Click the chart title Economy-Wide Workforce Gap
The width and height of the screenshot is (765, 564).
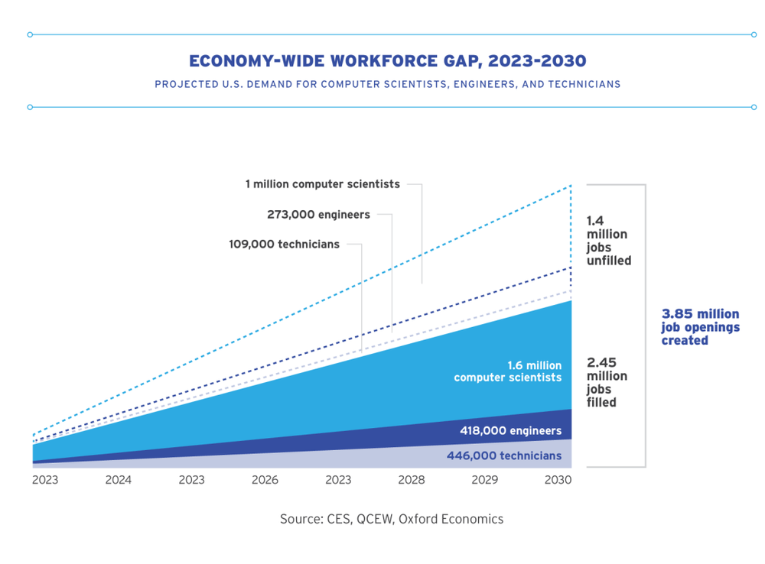(x=388, y=60)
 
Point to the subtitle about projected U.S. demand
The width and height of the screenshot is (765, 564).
(x=387, y=84)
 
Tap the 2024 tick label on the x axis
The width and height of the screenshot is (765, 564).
(x=118, y=480)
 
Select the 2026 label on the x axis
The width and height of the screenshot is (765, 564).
(x=265, y=480)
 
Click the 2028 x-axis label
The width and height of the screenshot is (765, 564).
(x=412, y=480)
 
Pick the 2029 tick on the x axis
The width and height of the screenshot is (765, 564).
(x=485, y=480)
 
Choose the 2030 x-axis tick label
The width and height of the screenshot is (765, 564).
(x=558, y=480)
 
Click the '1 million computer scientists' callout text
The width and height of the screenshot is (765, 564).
(x=322, y=184)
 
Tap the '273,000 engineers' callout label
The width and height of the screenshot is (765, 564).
(x=318, y=215)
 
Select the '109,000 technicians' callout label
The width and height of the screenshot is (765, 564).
(x=284, y=245)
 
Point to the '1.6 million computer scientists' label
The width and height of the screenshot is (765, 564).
(x=507, y=371)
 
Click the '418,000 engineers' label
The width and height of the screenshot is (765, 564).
(x=510, y=431)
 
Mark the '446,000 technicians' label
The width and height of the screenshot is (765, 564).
(x=503, y=456)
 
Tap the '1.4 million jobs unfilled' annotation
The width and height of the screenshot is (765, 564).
(x=608, y=241)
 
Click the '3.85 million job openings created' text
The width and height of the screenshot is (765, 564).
(x=700, y=327)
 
